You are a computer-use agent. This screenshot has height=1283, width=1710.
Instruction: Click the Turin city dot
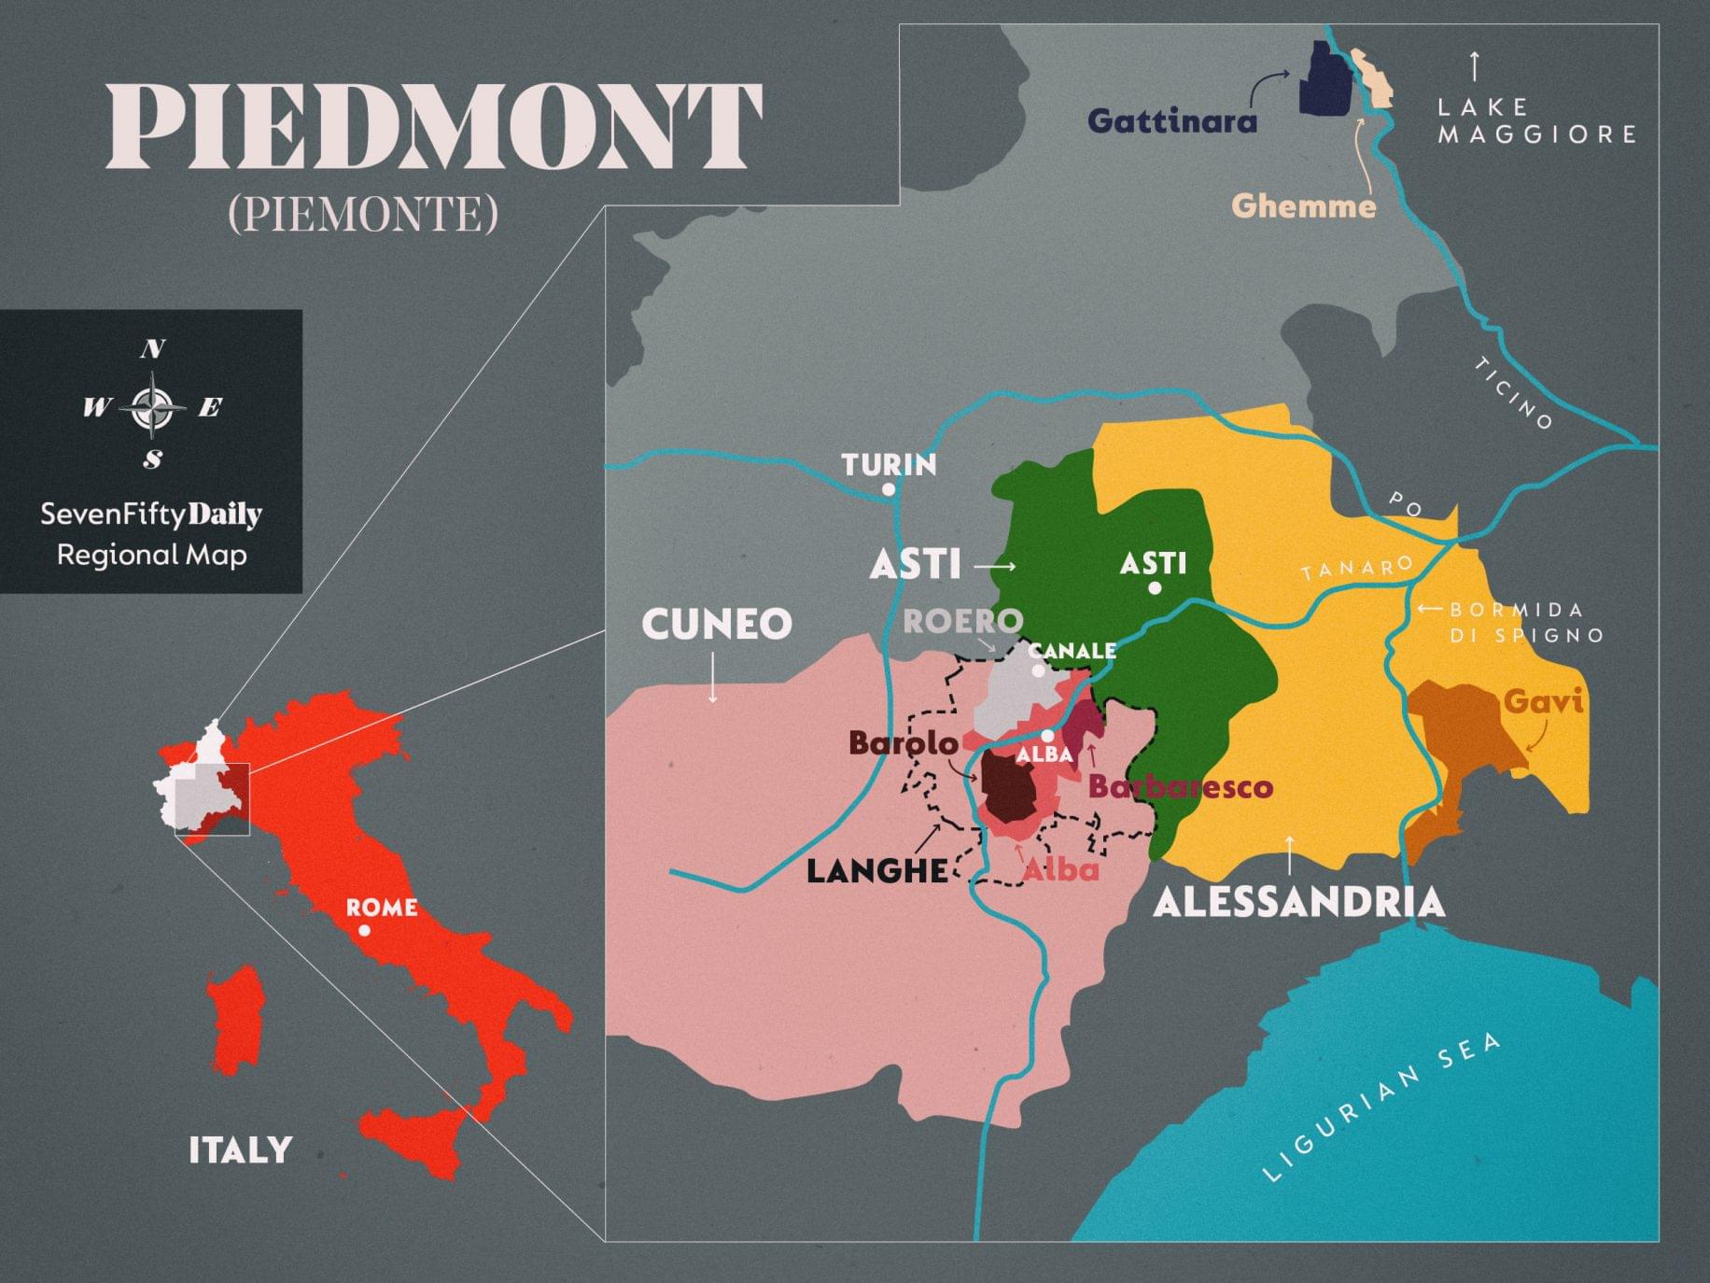(889, 489)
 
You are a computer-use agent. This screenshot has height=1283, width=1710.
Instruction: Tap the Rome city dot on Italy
(364, 930)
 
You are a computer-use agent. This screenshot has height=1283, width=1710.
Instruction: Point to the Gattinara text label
(1171, 121)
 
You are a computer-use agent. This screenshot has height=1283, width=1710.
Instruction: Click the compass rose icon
(152, 405)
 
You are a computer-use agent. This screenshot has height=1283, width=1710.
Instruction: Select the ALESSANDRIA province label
(1298, 902)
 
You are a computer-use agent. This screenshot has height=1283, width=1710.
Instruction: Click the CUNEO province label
(716, 624)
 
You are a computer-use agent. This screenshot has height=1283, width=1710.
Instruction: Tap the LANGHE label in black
(876, 871)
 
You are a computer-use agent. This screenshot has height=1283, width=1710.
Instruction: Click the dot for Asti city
(1155, 587)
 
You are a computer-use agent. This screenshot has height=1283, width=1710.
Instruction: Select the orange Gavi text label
(1542, 700)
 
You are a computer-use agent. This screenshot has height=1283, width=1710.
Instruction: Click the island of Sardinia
(235, 1022)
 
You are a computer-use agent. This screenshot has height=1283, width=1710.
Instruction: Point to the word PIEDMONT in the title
(434, 126)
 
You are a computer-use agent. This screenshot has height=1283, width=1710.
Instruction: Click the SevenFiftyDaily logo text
(151, 515)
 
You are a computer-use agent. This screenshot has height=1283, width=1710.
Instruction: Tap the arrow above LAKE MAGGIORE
(1474, 66)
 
